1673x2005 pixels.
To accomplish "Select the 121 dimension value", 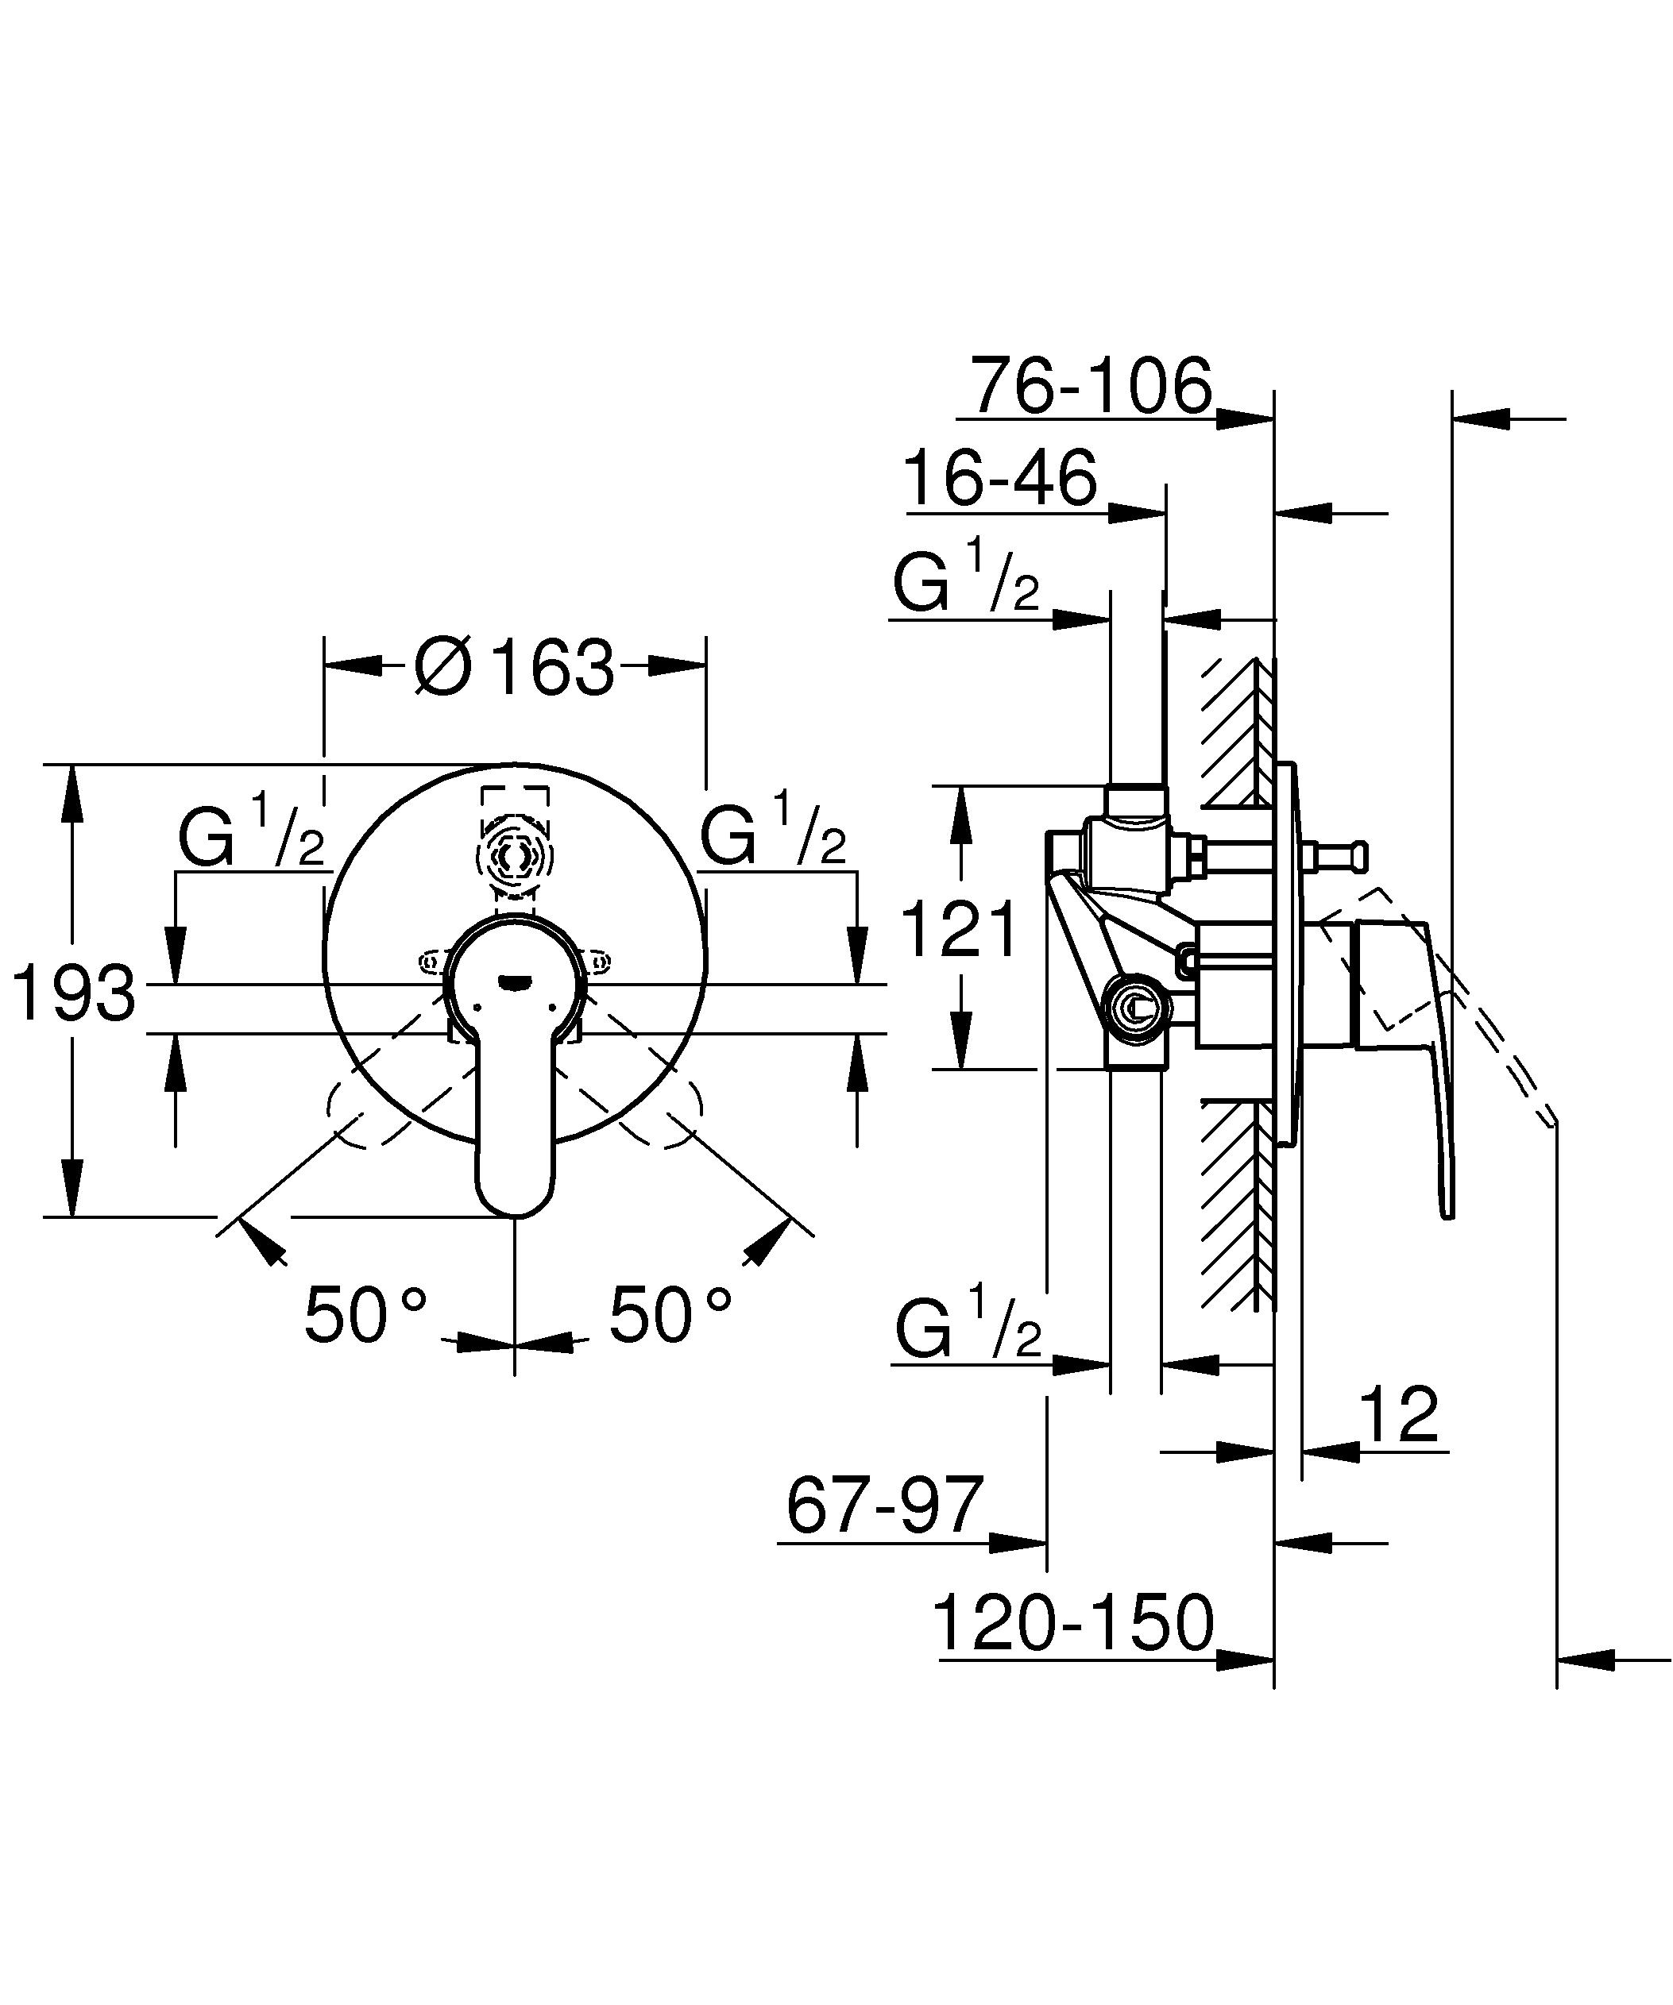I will pos(960,931).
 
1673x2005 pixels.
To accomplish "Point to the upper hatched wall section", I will pos(1238,731).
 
